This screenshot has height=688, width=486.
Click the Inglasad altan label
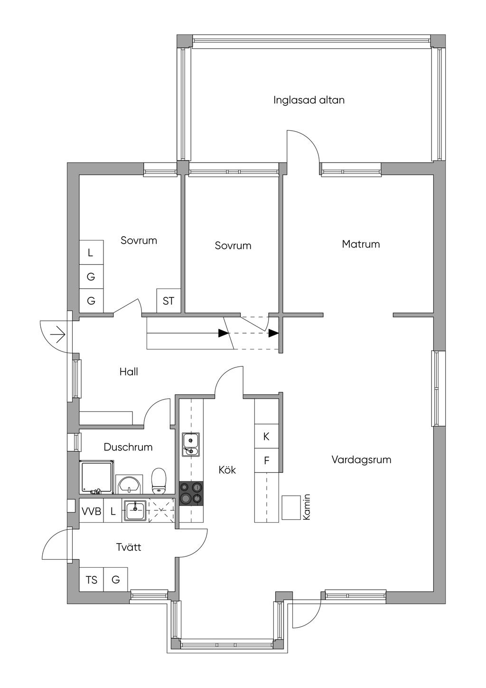coord(308,100)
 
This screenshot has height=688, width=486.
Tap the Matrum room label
coord(361,244)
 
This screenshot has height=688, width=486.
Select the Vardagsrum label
coord(362,460)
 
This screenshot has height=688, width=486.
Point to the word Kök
coord(227,470)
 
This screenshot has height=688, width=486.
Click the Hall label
coord(129,372)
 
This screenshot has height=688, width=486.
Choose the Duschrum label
coord(128,447)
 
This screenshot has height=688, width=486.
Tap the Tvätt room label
coord(129,547)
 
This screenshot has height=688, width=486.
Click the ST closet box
coord(168,301)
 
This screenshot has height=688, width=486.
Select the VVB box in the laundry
coord(92,511)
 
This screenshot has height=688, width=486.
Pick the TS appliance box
coord(92,580)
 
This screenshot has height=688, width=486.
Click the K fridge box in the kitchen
coord(267,436)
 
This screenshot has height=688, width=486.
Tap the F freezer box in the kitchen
coord(267,460)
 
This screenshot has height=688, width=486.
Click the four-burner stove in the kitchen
coord(191,493)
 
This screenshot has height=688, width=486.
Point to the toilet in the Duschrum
coord(159,481)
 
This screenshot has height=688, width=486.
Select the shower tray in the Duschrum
coord(97,477)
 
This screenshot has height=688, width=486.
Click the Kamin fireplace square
coord(291,508)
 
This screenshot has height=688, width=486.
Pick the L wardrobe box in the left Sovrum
coord(91,252)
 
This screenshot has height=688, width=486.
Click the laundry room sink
coord(135,510)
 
